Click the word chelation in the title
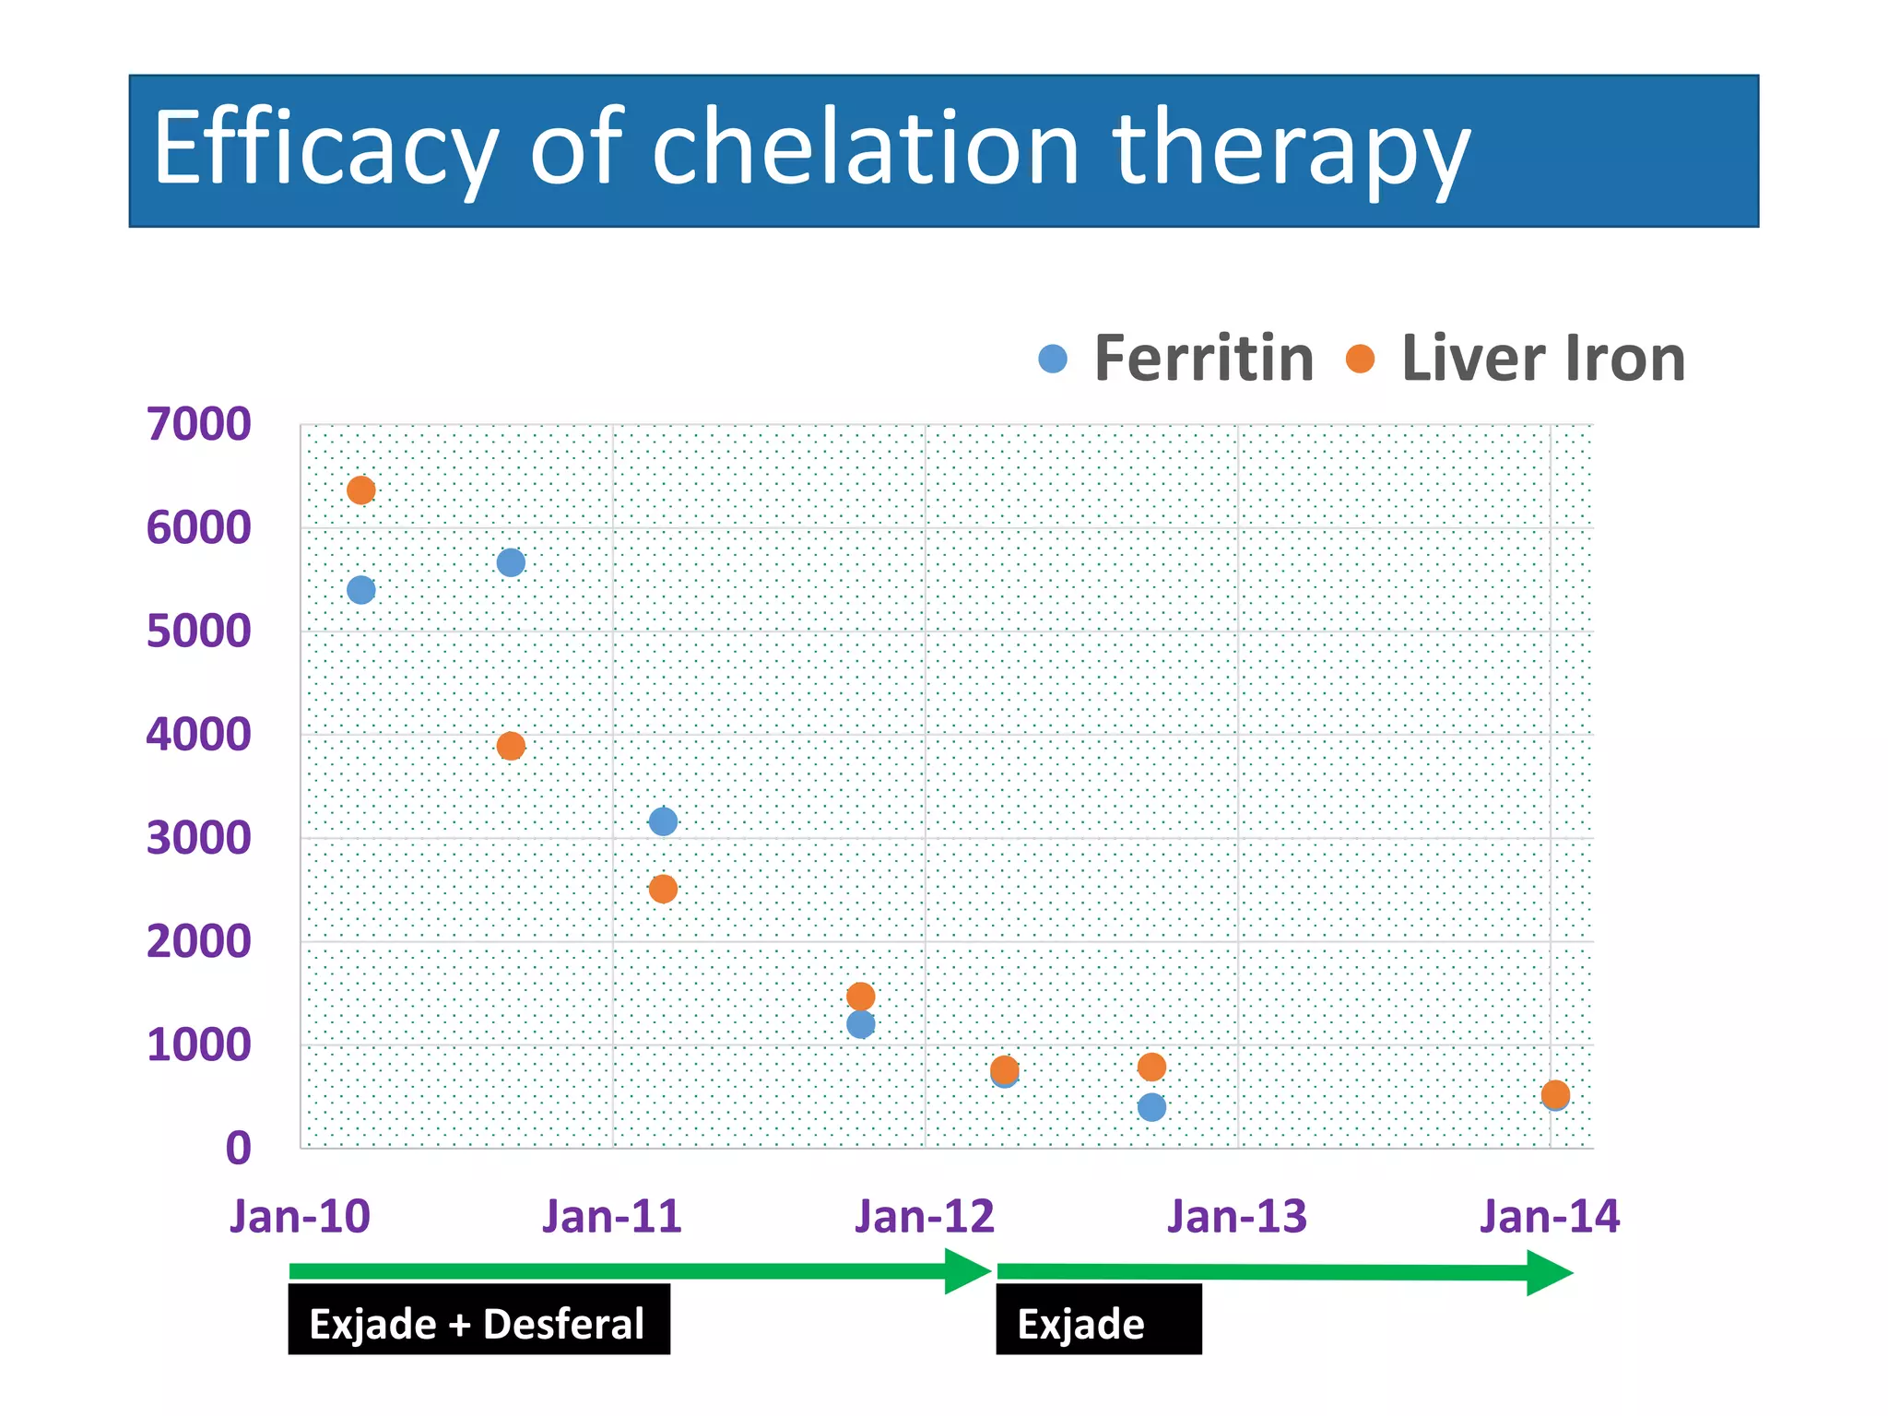[865, 147]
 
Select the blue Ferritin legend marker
[1052, 359]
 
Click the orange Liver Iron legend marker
[1360, 359]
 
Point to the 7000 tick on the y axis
[198, 425]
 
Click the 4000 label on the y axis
[198, 735]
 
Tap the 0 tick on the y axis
[238, 1149]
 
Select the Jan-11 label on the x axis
[612, 1216]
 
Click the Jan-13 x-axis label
[1237, 1216]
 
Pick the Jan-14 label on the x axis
[1550, 1216]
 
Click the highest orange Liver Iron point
[361, 490]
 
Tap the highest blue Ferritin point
[511, 562]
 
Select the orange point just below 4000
[511, 746]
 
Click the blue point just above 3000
[663, 820]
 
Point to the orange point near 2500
[663, 889]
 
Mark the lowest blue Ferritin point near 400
[1151, 1107]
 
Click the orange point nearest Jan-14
[1555, 1094]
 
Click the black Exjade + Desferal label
[478, 1320]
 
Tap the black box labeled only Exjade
[1098, 1320]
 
